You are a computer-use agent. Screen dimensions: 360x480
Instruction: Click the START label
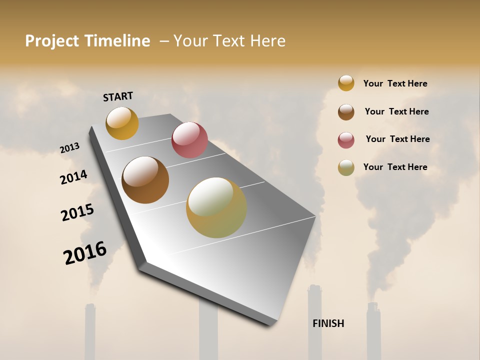pos(118,96)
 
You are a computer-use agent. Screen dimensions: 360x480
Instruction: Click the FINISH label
pos(328,323)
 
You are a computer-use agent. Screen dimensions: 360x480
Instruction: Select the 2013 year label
pos(69,148)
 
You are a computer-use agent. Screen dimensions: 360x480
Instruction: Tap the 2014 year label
pos(73,177)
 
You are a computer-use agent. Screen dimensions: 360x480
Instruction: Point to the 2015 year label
pos(77,212)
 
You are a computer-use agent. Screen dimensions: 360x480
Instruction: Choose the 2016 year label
pos(85,253)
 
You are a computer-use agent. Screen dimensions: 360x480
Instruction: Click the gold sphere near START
pos(122,123)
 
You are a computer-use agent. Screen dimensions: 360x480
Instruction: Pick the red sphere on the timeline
pos(189,140)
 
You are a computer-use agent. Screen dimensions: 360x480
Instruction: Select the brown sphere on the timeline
pos(145,180)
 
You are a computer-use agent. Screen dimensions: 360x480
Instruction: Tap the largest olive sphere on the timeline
pos(216,207)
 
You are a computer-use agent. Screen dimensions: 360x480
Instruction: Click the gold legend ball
pos(346,83)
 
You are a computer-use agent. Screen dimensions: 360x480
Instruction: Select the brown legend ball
pos(346,112)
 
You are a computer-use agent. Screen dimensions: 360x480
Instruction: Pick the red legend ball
pos(346,140)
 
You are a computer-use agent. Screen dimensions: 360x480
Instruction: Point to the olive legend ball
pos(346,167)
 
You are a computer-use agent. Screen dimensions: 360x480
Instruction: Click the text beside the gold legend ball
pos(395,83)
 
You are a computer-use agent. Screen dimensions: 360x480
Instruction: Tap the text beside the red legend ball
pos(397,139)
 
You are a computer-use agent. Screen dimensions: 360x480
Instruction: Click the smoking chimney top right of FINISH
pos(373,306)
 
